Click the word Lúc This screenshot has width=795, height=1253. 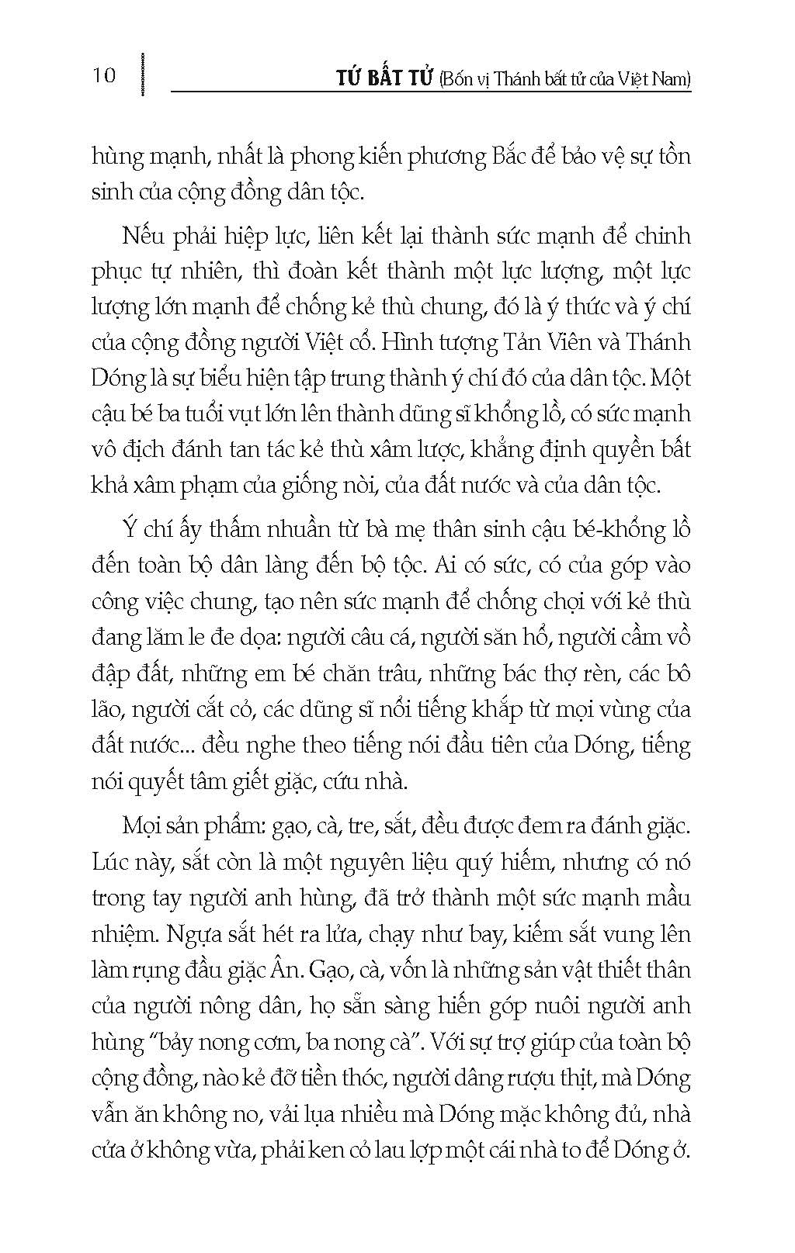pyautogui.click(x=112, y=863)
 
